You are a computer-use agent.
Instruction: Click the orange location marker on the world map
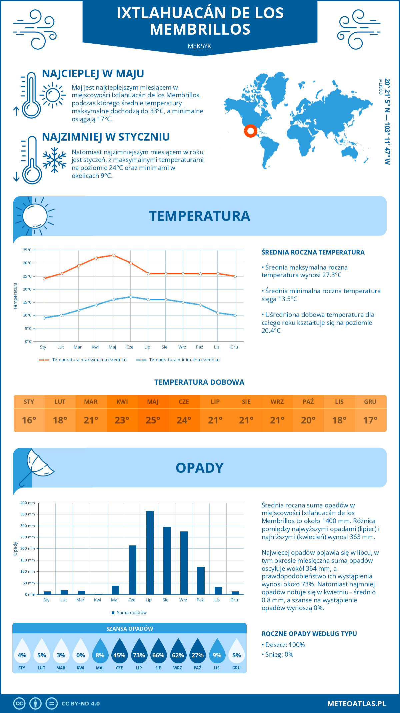click(x=250, y=131)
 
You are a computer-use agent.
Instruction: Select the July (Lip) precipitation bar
click(x=150, y=553)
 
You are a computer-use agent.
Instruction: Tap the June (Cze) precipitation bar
click(x=133, y=570)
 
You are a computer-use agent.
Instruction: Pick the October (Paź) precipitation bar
click(x=201, y=581)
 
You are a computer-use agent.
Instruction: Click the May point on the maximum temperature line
click(x=113, y=255)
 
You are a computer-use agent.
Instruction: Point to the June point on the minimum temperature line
click(x=131, y=297)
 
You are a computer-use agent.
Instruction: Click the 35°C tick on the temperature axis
click(x=28, y=250)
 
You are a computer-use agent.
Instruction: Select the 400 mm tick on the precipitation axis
click(x=28, y=503)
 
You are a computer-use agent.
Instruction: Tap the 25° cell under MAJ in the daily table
click(x=153, y=420)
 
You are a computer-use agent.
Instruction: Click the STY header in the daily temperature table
click(x=29, y=401)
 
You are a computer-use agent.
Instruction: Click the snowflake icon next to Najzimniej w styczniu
click(x=54, y=160)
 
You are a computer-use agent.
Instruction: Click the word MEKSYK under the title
click(x=199, y=46)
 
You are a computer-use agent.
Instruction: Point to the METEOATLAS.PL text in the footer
click(x=356, y=703)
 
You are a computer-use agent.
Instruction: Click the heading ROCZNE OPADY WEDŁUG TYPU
click(x=309, y=634)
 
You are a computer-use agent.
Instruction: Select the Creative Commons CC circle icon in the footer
click(x=19, y=703)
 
